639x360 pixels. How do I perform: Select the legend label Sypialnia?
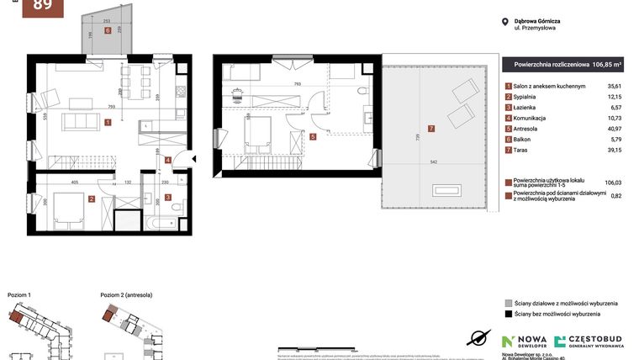[529, 97]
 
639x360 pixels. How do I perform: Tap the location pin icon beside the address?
[504, 23]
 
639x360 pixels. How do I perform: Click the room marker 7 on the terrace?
[431, 129]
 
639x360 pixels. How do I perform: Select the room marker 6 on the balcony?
[108, 30]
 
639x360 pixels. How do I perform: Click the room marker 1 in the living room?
[108, 122]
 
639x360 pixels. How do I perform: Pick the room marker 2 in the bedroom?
[92, 199]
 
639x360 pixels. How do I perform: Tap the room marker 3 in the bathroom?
[168, 199]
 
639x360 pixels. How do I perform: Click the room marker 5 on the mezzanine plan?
[313, 137]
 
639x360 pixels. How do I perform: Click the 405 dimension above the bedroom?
[75, 181]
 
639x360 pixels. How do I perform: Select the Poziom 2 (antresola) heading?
[126, 295]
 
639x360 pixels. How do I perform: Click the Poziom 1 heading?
[18, 295]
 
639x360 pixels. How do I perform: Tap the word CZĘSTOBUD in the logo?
[596, 338]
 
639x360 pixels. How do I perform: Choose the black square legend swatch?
[508, 314]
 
